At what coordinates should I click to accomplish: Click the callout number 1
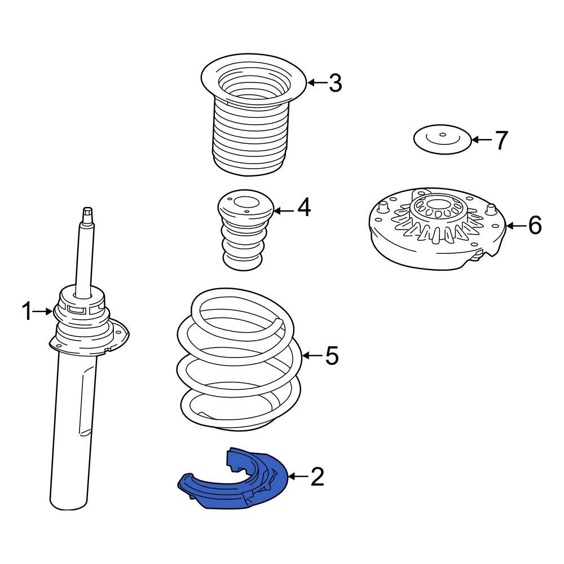[27, 311]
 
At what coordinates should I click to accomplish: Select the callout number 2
[317, 477]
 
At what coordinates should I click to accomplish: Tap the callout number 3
[335, 83]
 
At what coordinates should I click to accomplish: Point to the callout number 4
[304, 208]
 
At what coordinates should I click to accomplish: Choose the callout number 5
[332, 355]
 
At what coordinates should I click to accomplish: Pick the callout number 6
[535, 226]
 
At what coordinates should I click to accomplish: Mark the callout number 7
[501, 140]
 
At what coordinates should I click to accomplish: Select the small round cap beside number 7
[442, 139]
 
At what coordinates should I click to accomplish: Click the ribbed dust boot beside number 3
[253, 115]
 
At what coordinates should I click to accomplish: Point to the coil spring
[239, 360]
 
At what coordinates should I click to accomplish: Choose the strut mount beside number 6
[438, 228]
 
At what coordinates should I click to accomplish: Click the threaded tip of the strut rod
[88, 215]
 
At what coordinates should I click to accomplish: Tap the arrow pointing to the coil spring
[312, 355]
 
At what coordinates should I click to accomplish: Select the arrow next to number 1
[43, 311]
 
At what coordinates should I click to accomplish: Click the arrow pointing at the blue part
[298, 477]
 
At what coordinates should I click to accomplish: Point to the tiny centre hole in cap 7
[443, 135]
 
